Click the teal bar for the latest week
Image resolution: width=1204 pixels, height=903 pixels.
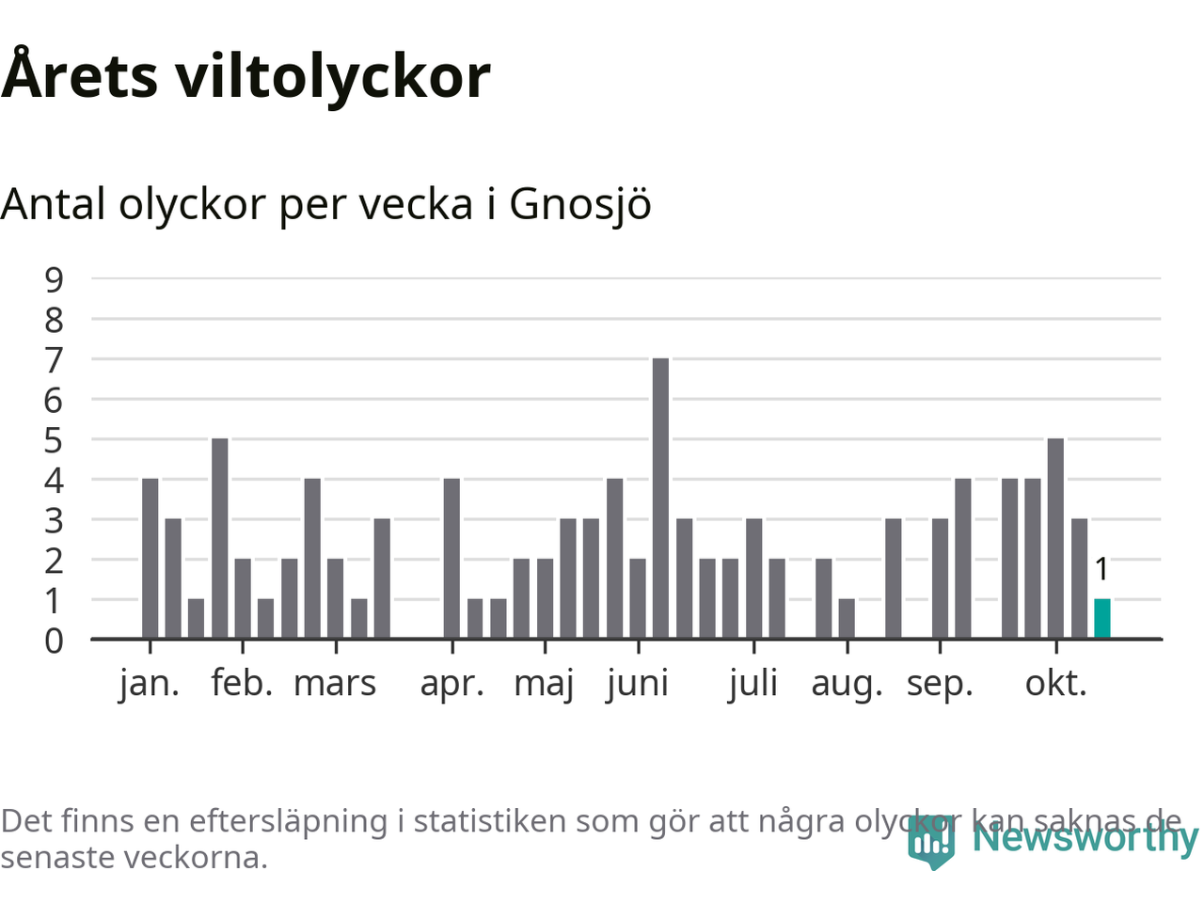pyautogui.click(x=1101, y=619)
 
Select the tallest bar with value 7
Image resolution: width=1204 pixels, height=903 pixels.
pyautogui.click(x=660, y=499)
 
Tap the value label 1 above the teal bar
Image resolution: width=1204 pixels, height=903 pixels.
pyautogui.click(x=1101, y=570)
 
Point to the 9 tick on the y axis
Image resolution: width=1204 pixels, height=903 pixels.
pyautogui.click(x=54, y=279)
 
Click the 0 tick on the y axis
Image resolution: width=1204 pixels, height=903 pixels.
pyautogui.click(x=54, y=641)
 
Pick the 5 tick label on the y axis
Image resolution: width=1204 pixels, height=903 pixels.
pyautogui.click(x=54, y=440)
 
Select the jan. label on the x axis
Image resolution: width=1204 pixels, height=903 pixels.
pyautogui.click(x=149, y=684)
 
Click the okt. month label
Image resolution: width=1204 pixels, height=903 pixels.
pyautogui.click(x=1055, y=684)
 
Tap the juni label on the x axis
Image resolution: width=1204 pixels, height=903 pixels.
pyautogui.click(x=638, y=684)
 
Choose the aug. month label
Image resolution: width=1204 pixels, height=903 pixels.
pyautogui.click(x=847, y=684)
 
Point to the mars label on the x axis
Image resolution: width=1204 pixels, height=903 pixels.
pyautogui.click(x=335, y=684)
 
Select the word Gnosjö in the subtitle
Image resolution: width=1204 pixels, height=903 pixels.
pyautogui.click(x=579, y=205)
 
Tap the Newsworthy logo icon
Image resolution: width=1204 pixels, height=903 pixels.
pyautogui.click(x=930, y=841)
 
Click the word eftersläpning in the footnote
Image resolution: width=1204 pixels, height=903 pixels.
pyautogui.click(x=288, y=821)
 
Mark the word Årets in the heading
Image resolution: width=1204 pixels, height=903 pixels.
pyautogui.click(x=80, y=76)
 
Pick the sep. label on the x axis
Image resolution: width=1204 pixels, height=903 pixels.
pyautogui.click(x=939, y=684)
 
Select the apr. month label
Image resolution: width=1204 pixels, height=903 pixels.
pyautogui.click(x=451, y=684)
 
